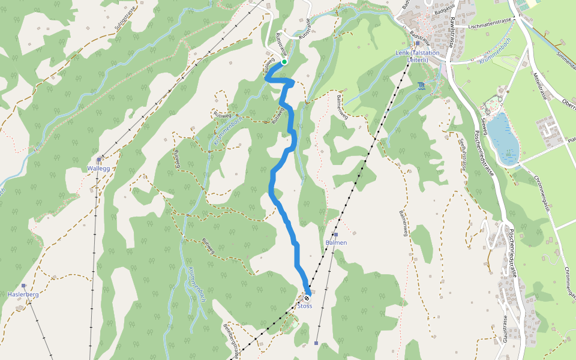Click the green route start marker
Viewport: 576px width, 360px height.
tap(284, 61)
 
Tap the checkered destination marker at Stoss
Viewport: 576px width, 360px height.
tap(307, 298)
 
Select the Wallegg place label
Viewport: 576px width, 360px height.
tap(98, 169)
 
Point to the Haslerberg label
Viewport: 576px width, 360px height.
tap(23, 295)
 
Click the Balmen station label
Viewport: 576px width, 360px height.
tap(336, 242)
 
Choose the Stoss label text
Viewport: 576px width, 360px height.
tap(305, 306)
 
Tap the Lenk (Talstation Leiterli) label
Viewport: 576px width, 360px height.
tap(418, 56)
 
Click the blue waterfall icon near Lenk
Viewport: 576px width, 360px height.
tap(421, 86)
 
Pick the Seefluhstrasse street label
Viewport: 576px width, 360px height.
tap(463, 155)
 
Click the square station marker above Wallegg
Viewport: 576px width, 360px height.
tap(98, 160)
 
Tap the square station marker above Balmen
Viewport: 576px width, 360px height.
tap(336, 234)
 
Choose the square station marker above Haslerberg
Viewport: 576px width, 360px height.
tap(23, 286)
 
